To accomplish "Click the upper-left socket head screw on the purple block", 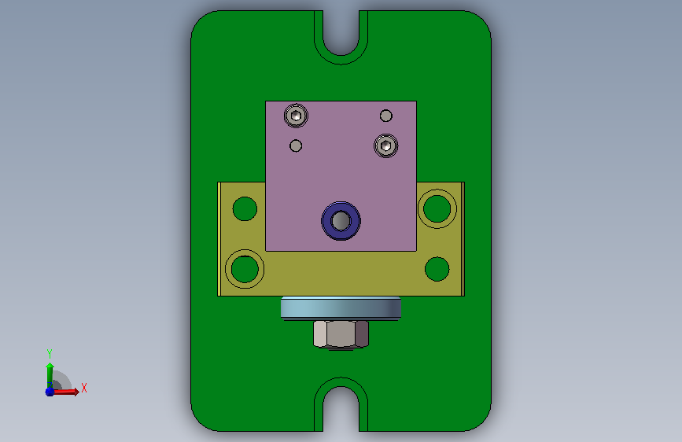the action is (x=297, y=116).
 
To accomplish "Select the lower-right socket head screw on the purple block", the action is (x=385, y=145).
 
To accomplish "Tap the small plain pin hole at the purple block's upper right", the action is (x=385, y=116).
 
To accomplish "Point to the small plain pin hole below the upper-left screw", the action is (x=296, y=145).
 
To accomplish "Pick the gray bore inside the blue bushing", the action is (x=341, y=220).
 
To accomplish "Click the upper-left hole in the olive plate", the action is (x=245, y=209).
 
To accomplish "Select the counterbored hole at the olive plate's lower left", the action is (x=245, y=269).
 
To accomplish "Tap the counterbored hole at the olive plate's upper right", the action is (x=437, y=209).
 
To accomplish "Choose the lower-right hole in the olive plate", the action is (x=437, y=269).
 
